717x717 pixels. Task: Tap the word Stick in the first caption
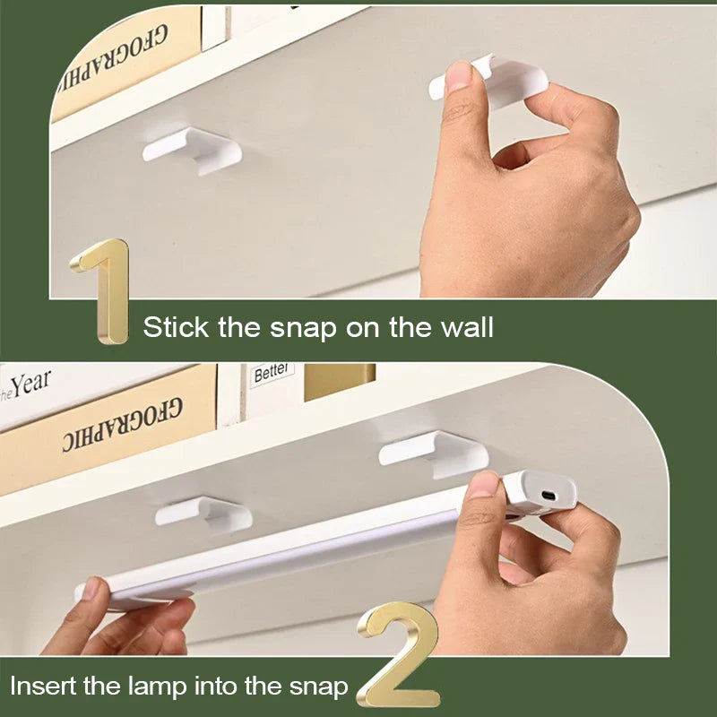pos(176,327)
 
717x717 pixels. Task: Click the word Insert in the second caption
pos(44,687)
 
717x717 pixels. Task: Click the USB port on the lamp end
pos(548,496)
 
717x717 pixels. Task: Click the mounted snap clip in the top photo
pos(193,151)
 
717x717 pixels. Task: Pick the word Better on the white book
pos(272,373)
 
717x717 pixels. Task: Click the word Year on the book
pos(31,384)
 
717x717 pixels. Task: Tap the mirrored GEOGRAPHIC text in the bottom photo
pos(122,424)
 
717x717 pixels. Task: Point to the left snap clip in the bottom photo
pos(204,514)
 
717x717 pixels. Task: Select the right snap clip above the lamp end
pos(435,453)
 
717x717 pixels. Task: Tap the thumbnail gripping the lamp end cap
pos(483,485)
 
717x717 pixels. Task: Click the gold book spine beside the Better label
pos(340,381)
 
